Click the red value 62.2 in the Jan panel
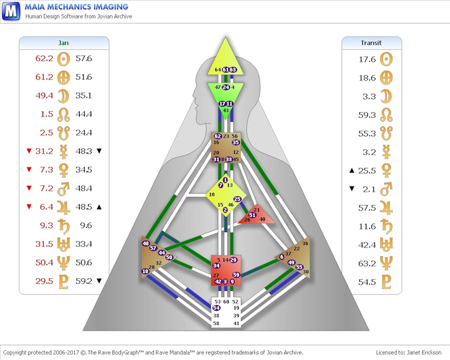44,59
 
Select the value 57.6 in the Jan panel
84,59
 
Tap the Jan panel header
64,43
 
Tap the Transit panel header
371,43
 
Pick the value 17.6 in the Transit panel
367,59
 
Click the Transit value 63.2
367,264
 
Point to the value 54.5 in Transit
367,282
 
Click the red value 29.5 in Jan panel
44,281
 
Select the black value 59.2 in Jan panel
84,281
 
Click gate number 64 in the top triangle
218,70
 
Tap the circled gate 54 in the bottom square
216,308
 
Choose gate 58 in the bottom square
216,323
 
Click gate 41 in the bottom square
236,323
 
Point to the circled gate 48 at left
146,243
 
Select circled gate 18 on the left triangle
145,271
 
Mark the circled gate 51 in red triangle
252,215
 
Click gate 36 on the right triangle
305,244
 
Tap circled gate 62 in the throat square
218,136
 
